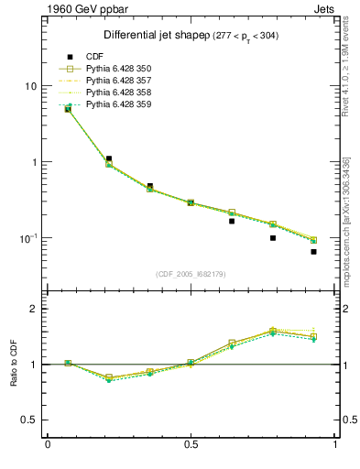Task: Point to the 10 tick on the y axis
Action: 29,86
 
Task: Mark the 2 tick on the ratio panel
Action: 35,309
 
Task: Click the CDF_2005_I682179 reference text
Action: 191,274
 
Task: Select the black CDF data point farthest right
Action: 313,252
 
